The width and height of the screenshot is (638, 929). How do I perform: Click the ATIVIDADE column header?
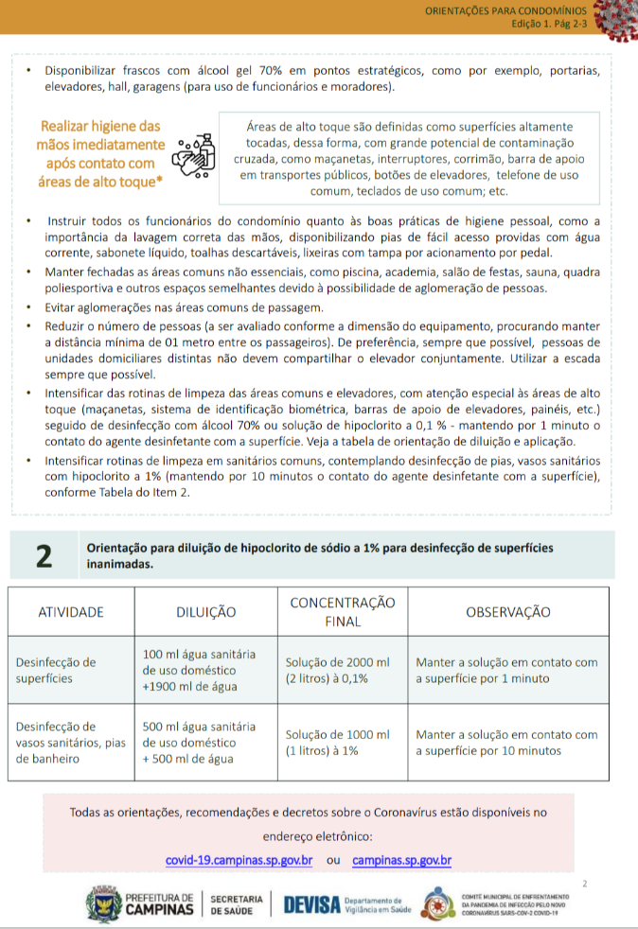click(71, 612)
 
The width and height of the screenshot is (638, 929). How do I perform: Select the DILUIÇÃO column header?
click(206, 612)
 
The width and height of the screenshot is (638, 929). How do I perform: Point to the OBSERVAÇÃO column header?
click(507, 612)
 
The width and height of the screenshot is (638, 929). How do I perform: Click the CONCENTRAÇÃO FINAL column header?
click(342, 612)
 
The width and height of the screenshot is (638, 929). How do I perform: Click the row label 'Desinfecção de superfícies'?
click(57, 670)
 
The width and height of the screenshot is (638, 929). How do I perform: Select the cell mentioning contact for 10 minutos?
click(506, 742)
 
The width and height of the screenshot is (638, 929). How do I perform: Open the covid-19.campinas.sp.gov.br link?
click(239, 861)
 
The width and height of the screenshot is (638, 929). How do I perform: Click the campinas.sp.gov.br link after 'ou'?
click(401, 861)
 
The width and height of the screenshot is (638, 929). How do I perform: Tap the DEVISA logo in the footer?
click(311, 904)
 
